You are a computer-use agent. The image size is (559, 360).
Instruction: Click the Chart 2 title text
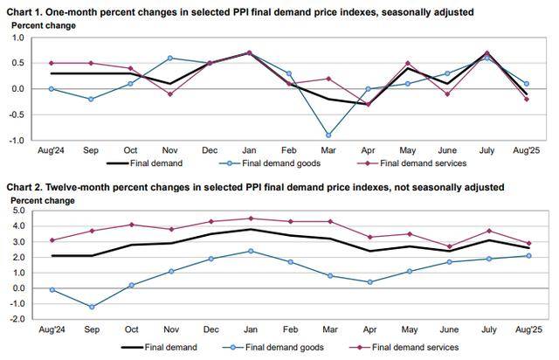click(x=255, y=187)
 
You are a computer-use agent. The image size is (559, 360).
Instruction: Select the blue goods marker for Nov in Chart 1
click(x=169, y=58)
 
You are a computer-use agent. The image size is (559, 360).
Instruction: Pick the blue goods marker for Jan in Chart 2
click(x=251, y=251)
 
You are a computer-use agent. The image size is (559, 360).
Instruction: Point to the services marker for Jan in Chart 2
click(x=251, y=218)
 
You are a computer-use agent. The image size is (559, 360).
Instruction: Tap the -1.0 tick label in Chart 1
click(x=16, y=140)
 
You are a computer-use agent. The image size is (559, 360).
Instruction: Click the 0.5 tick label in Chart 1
click(x=17, y=63)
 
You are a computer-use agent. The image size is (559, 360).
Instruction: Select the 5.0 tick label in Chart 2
click(x=17, y=211)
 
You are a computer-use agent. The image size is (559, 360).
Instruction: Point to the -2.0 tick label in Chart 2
click(x=16, y=319)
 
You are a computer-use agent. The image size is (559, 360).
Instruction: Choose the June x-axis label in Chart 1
click(x=445, y=149)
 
